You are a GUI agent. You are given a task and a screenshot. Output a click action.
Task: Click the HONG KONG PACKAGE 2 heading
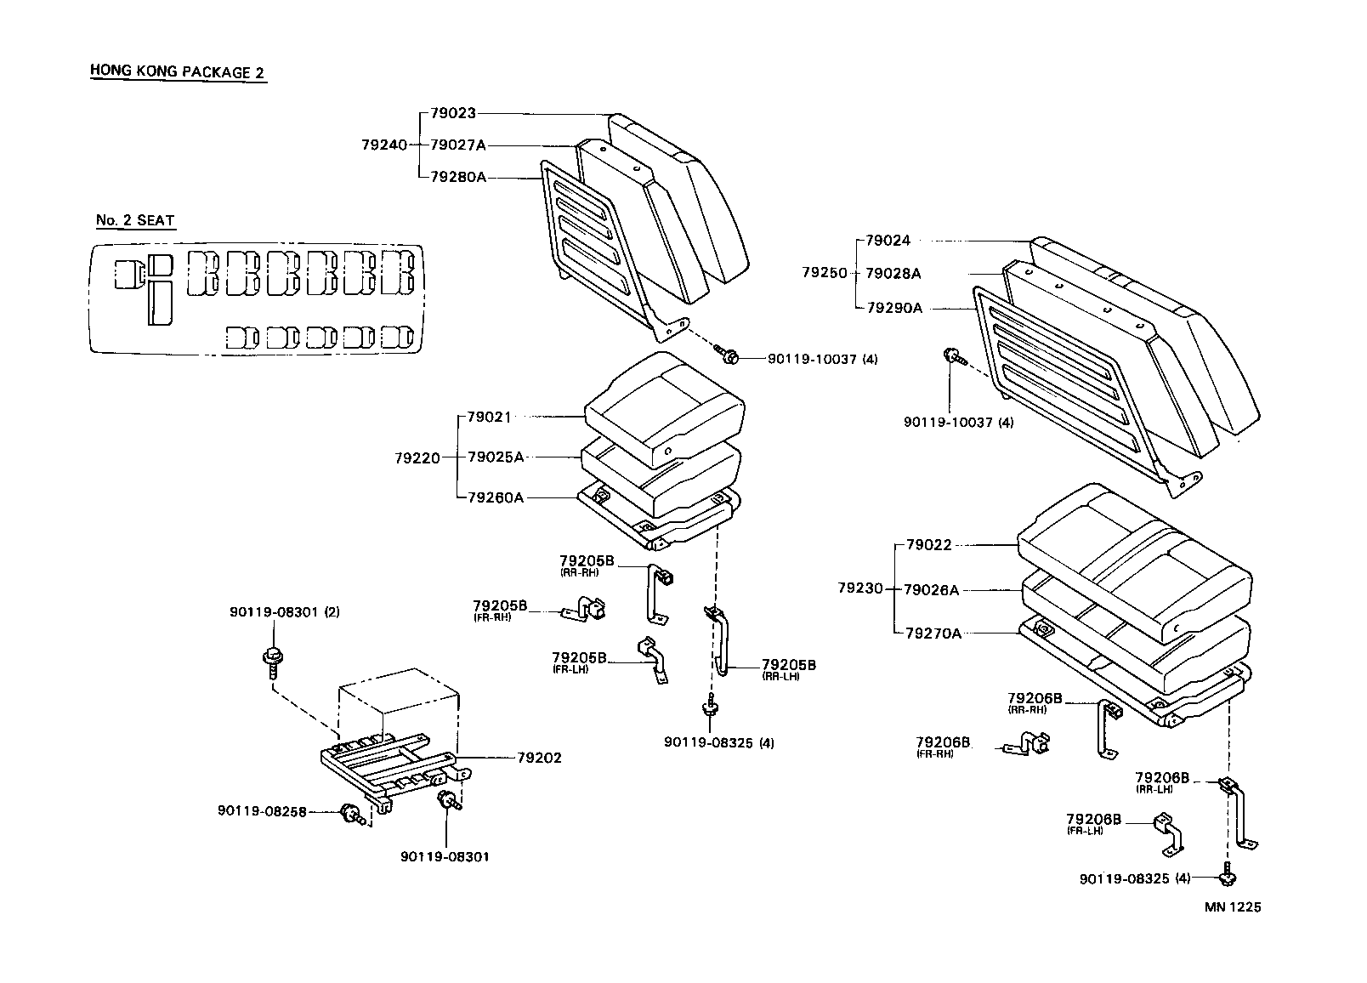pyautogui.click(x=177, y=71)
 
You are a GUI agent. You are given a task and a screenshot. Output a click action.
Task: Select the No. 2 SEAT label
pyautogui.click(x=135, y=220)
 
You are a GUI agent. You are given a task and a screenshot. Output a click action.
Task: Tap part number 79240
pyautogui.click(x=383, y=145)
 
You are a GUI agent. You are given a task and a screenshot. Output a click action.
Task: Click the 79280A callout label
pyautogui.click(x=458, y=177)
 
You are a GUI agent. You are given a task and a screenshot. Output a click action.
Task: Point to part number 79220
pyautogui.click(x=417, y=457)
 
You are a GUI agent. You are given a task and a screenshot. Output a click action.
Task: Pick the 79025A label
pyautogui.click(x=496, y=457)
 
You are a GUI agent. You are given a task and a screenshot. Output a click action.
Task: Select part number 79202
pyautogui.click(x=539, y=758)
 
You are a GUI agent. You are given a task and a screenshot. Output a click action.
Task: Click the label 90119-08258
pyautogui.click(x=262, y=811)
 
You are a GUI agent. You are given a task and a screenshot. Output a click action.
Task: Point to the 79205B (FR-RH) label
pyautogui.click(x=501, y=609)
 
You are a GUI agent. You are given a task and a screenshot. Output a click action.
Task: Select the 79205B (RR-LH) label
pyautogui.click(x=788, y=668)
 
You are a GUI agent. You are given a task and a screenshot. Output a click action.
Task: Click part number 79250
pyautogui.click(x=825, y=273)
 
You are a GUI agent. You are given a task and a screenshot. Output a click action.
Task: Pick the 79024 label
pyautogui.click(x=888, y=241)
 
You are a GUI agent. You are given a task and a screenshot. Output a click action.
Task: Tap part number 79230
pyautogui.click(x=860, y=588)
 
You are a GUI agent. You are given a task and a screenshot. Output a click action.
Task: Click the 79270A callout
pyautogui.click(x=933, y=633)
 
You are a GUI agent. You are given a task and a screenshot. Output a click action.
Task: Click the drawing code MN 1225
pyautogui.click(x=1232, y=906)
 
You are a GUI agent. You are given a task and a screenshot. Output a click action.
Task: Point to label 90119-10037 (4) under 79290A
pyautogui.click(x=958, y=423)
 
